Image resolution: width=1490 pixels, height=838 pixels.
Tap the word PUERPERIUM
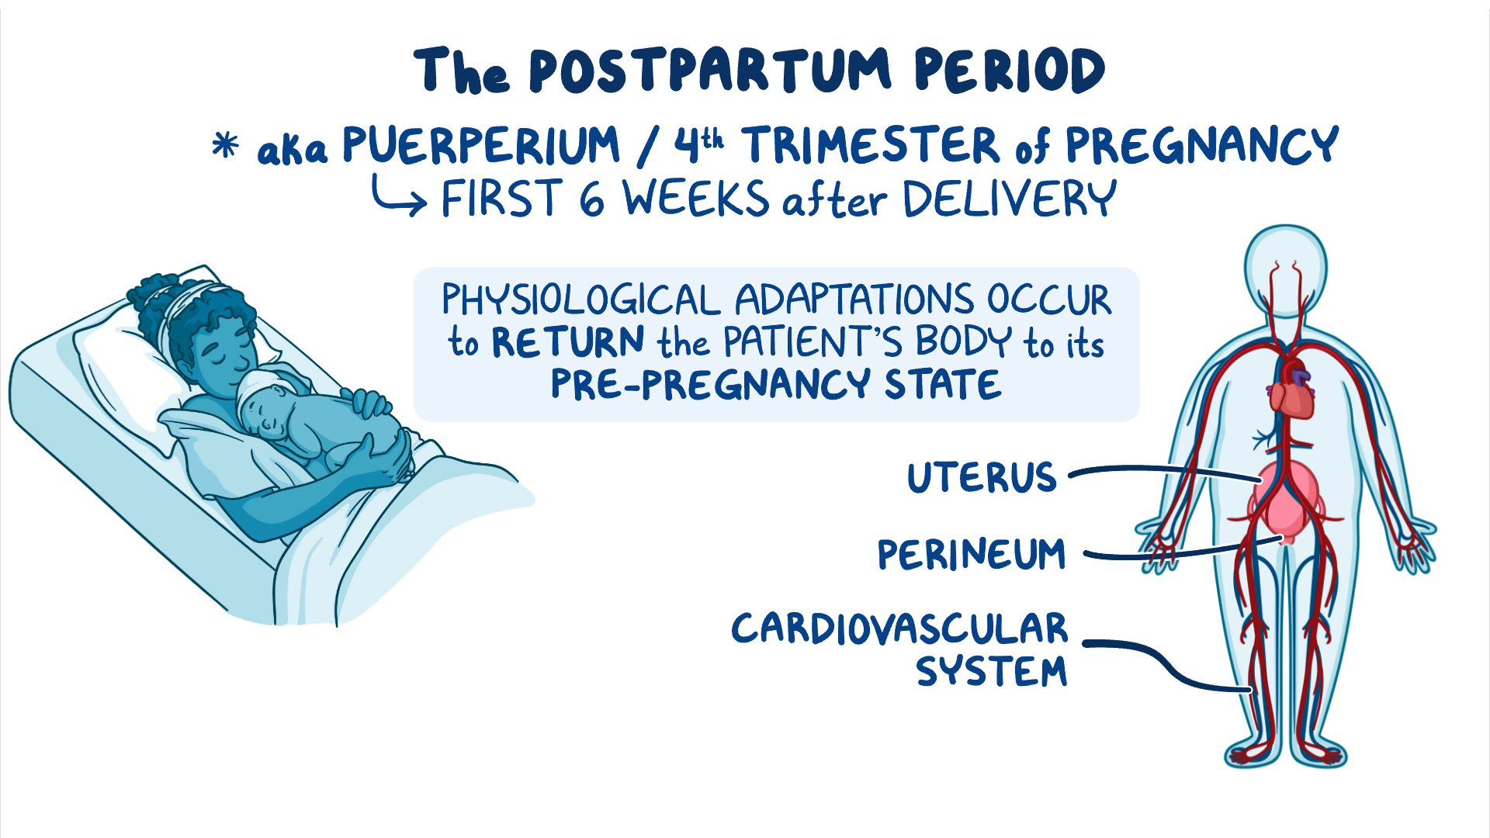tap(481, 145)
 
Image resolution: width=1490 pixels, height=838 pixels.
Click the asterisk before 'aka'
tap(225, 145)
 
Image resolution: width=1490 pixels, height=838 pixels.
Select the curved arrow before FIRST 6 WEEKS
tap(398, 196)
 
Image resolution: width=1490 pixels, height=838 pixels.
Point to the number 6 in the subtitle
tap(591, 199)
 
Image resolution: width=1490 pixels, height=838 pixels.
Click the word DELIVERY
tap(1009, 199)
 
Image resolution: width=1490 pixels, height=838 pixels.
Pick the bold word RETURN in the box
tap(568, 342)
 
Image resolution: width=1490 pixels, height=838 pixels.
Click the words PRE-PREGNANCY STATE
tap(775, 384)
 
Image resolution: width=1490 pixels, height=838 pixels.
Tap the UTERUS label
tap(982, 476)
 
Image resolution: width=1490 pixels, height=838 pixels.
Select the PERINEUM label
tap(972, 554)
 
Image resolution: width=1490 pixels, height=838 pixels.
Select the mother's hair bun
tap(155, 299)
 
